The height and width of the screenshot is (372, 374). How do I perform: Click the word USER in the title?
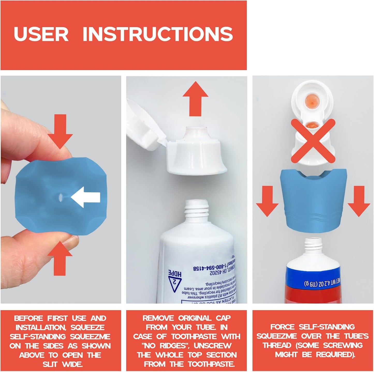(x=41, y=34)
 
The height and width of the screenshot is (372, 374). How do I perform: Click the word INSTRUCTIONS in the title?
(x=158, y=34)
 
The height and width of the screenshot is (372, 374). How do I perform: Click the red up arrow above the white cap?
(x=195, y=98)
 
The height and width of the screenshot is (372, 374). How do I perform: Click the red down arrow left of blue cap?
(x=267, y=200)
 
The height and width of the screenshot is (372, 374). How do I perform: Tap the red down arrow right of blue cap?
(x=359, y=200)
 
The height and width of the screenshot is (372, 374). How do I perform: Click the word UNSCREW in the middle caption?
(x=212, y=346)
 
